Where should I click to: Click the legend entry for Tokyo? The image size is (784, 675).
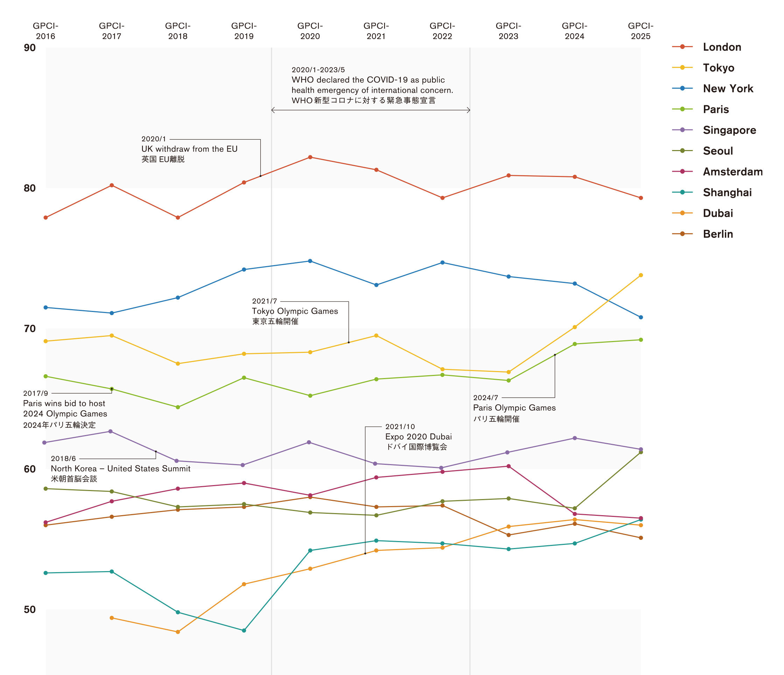[x=718, y=68]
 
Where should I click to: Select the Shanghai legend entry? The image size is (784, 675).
[x=727, y=192]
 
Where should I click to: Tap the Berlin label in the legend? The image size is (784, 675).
[x=718, y=234]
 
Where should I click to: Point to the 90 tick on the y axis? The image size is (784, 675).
[x=29, y=48]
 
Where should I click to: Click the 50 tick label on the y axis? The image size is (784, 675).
[x=29, y=610]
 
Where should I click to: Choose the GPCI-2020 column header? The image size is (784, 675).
[x=310, y=31]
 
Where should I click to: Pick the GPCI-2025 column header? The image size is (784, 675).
[x=641, y=31]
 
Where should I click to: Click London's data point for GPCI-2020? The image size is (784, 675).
[x=310, y=157]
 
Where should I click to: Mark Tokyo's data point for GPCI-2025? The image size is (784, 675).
[x=641, y=275]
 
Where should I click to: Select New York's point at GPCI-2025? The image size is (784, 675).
[x=641, y=317]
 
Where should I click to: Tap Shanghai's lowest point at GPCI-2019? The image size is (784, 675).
[x=244, y=630]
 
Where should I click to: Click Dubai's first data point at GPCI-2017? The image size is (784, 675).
[x=112, y=618]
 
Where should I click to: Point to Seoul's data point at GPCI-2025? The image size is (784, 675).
[x=641, y=452]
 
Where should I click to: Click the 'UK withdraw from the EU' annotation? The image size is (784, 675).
[x=189, y=149]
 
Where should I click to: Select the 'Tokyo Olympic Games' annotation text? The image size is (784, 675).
[x=295, y=311]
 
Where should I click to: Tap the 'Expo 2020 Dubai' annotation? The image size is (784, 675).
[x=418, y=436]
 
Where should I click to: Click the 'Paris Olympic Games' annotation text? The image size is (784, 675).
[x=514, y=408]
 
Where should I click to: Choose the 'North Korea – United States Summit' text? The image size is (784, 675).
[x=120, y=468]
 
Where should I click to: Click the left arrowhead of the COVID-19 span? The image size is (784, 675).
[x=272, y=110]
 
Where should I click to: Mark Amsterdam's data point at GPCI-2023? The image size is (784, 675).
[x=509, y=466]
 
